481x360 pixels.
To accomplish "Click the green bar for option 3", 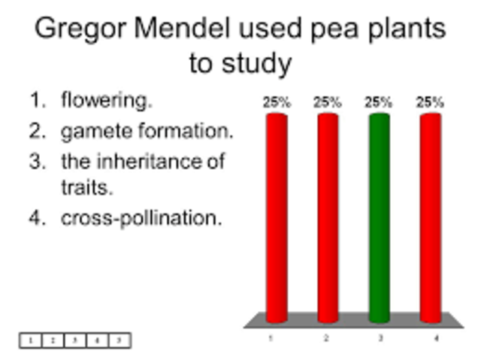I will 379,218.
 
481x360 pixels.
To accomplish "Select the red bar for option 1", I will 277,218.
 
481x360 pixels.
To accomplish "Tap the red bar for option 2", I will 328,218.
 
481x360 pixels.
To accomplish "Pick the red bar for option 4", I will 430,218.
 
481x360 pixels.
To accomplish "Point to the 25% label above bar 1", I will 277,103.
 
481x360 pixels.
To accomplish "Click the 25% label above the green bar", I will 379,103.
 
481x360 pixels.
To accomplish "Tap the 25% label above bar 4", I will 430,103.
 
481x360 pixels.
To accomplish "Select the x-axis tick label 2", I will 326,339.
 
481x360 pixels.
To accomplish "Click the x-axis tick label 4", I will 435,339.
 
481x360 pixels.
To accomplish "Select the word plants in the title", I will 403,30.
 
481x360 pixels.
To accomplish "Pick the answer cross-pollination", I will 141,219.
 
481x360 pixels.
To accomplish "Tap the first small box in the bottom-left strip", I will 30,340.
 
